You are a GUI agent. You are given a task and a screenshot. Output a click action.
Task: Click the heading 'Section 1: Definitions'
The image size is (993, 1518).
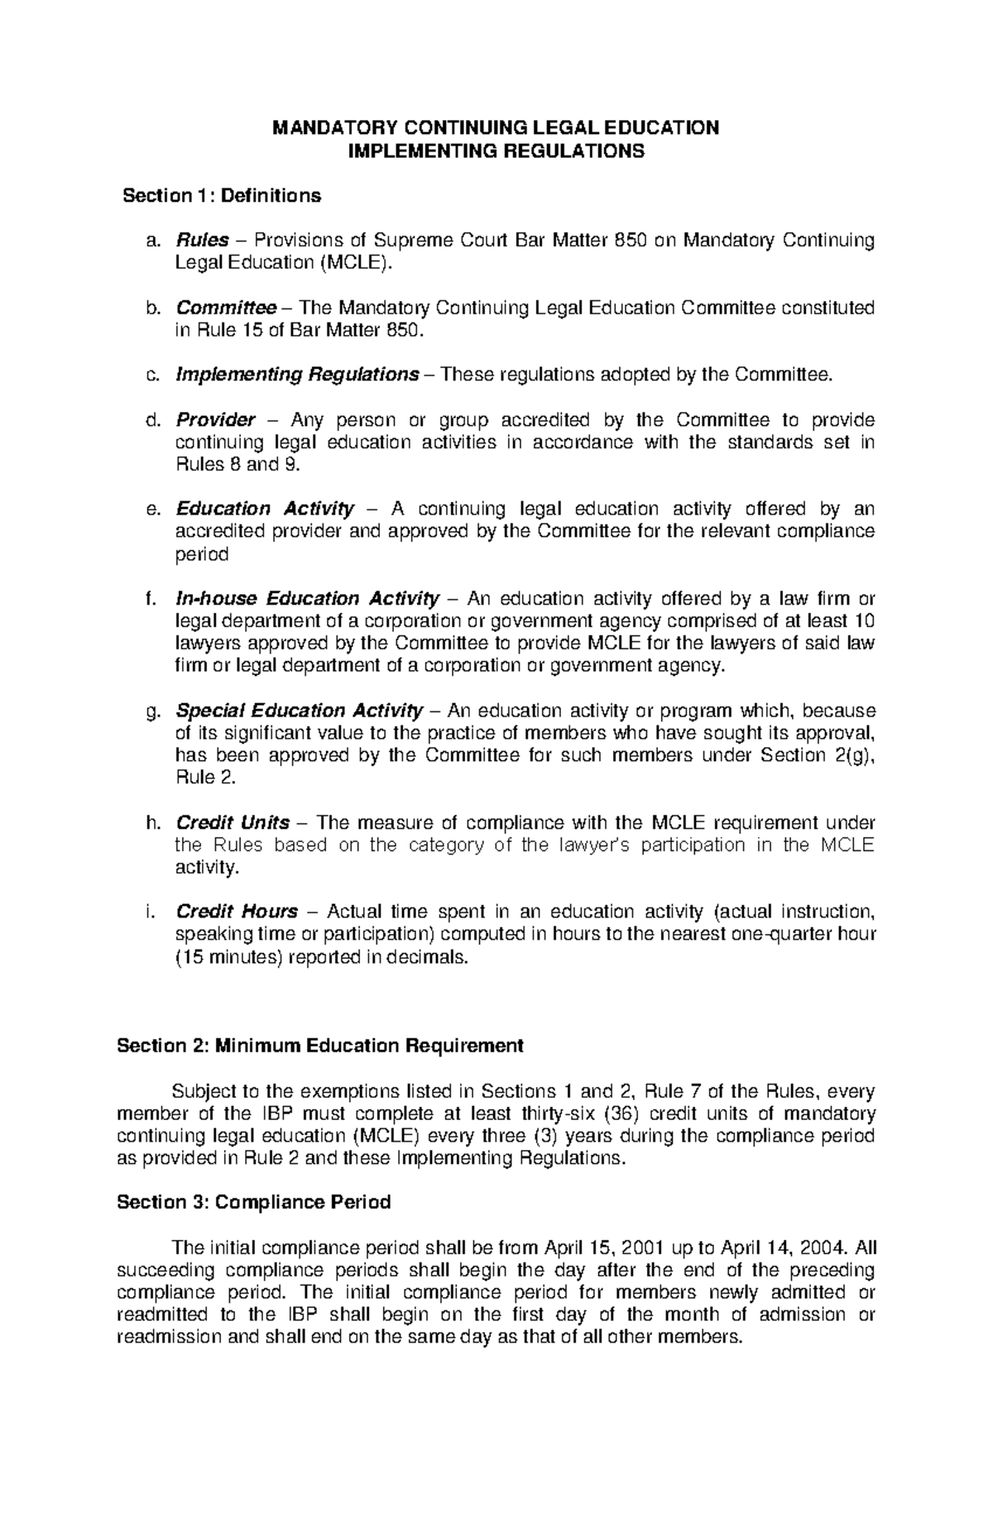(x=222, y=196)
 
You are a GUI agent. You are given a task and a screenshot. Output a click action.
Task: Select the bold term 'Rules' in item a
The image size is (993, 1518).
(x=202, y=241)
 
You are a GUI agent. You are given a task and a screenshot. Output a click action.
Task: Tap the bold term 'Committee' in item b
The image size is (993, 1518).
(x=226, y=309)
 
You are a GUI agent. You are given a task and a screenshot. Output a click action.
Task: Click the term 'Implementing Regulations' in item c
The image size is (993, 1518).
(x=297, y=375)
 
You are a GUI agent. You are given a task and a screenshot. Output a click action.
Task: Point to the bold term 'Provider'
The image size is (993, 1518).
(x=215, y=420)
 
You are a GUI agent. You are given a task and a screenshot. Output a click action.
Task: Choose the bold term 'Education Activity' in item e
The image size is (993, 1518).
(x=265, y=509)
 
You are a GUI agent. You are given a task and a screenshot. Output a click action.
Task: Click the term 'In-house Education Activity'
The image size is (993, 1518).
(x=307, y=598)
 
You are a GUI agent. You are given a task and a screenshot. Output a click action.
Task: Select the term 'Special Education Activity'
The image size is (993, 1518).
(x=300, y=711)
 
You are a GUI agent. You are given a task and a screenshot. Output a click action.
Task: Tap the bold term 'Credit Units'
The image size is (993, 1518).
(x=233, y=823)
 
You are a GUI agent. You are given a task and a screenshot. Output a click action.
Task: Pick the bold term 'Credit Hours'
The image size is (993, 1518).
(x=237, y=912)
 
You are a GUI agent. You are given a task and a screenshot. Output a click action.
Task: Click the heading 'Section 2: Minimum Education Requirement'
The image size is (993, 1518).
(x=320, y=1046)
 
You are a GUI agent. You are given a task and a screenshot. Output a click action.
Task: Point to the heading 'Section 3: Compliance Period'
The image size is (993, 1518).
(x=254, y=1202)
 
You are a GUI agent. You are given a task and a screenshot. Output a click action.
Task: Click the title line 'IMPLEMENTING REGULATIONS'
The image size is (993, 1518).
(x=496, y=151)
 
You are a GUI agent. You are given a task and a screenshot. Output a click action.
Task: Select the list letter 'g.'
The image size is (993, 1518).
(x=151, y=711)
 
